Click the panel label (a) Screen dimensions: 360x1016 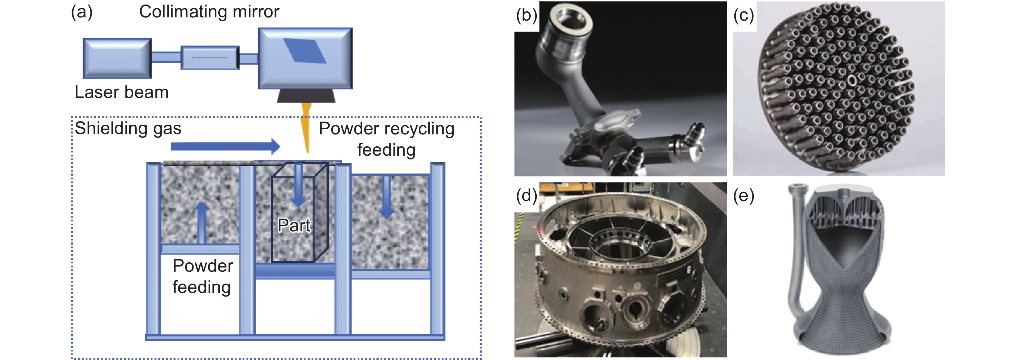click(x=82, y=12)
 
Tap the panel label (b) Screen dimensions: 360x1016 click(x=526, y=16)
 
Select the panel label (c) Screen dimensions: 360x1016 click(x=743, y=16)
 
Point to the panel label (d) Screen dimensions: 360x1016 click(x=526, y=196)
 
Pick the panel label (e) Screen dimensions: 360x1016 click(x=743, y=196)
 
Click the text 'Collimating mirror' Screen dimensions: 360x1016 click(x=209, y=12)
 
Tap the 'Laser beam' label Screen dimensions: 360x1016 click(x=122, y=92)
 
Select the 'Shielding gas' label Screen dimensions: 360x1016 click(x=128, y=129)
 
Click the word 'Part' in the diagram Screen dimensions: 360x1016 click(x=294, y=226)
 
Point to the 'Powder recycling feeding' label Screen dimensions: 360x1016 click(x=386, y=139)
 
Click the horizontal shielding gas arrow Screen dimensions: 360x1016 click(x=225, y=146)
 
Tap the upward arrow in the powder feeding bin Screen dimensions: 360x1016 click(x=202, y=222)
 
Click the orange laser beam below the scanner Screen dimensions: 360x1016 click(x=306, y=126)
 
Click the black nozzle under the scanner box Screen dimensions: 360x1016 click(x=306, y=96)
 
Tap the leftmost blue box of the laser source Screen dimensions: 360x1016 click(x=117, y=58)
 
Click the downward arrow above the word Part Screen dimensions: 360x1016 click(x=299, y=185)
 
